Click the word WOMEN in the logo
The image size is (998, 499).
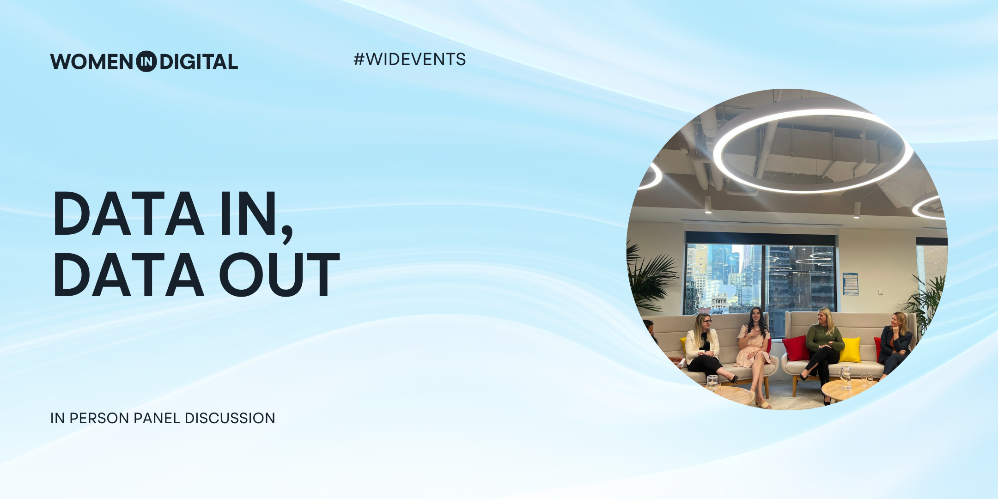pyautogui.click(x=91, y=62)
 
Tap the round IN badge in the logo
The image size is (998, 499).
pyautogui.click(x=146, y=61)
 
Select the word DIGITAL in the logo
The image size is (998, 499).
pyautogui.click(x=199, y=62)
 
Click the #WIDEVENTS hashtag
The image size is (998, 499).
pyautogui.click(x=409, y=59)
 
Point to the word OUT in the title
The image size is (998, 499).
pyautogui.click(x=280, y=274)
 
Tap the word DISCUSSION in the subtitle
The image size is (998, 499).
pyautogui.click(x=230, y=418)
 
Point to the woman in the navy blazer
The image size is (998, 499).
pyautogui.click(x=895, y=344)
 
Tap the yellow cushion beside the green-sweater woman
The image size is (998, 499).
pyautogui.click(x=851, y=350)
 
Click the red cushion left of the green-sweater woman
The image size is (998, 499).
pyautogui.click(x=796, y=348)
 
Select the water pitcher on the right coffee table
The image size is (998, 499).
pyautogui.click(x=845, y=377)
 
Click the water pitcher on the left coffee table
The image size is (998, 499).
pyautogui.click(x=712, y=383)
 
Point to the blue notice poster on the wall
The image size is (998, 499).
pyautogui.click(x=850, y=284)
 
